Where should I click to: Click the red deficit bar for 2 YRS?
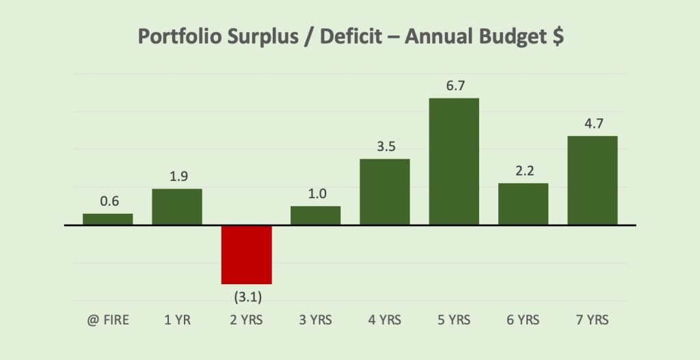pos(247,254)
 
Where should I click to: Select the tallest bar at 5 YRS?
pos(454,161)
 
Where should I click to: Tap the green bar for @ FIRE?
pos(108,219)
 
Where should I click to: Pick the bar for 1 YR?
pos(177,207)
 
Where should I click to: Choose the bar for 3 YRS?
pos(316,215)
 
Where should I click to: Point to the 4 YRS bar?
pos(385,192)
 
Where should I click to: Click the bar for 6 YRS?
pos(523,204)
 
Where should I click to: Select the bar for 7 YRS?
pos(593,180)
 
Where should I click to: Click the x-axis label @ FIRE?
pos(108,320)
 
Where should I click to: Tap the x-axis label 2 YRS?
pos(247,320)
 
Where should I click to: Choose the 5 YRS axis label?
pos(454,320)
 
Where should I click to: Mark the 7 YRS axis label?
pos(593,320)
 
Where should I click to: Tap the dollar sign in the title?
pos(557,37)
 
